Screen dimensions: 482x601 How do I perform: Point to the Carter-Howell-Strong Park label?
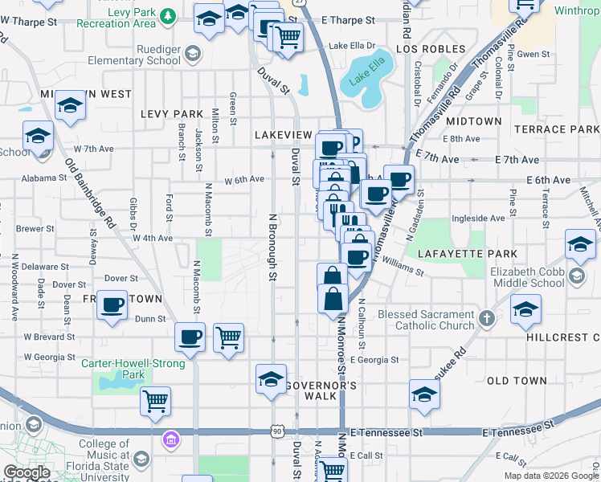pyautogui.click(x=126, y=369)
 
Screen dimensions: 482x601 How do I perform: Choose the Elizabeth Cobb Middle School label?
pyautogui.click(x=527, y=277)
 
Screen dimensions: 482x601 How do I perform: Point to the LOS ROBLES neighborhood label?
pyautogui.click(x=430, y=50)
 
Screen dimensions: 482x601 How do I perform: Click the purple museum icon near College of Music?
pyautogui.click(x=170, y=439)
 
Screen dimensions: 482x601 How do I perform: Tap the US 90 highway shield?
pyautogui.click(x=276, y=431)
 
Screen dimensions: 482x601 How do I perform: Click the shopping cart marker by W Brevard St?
pyautogui.click(x=229, y=337)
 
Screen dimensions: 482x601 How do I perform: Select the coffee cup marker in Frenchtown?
pyautogui.click(x=112, y=305)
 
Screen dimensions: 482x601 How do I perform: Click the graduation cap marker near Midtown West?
pyautogui.click(x=71, y=106)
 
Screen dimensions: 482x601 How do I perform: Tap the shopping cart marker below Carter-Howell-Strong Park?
pyautogui.click(x=155, y=400)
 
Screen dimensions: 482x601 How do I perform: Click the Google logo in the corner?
pyautogui.click(x=26, y=472)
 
